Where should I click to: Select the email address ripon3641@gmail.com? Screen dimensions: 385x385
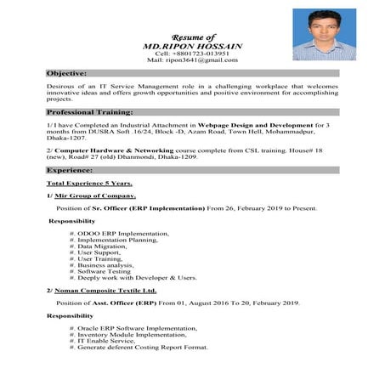200,60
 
